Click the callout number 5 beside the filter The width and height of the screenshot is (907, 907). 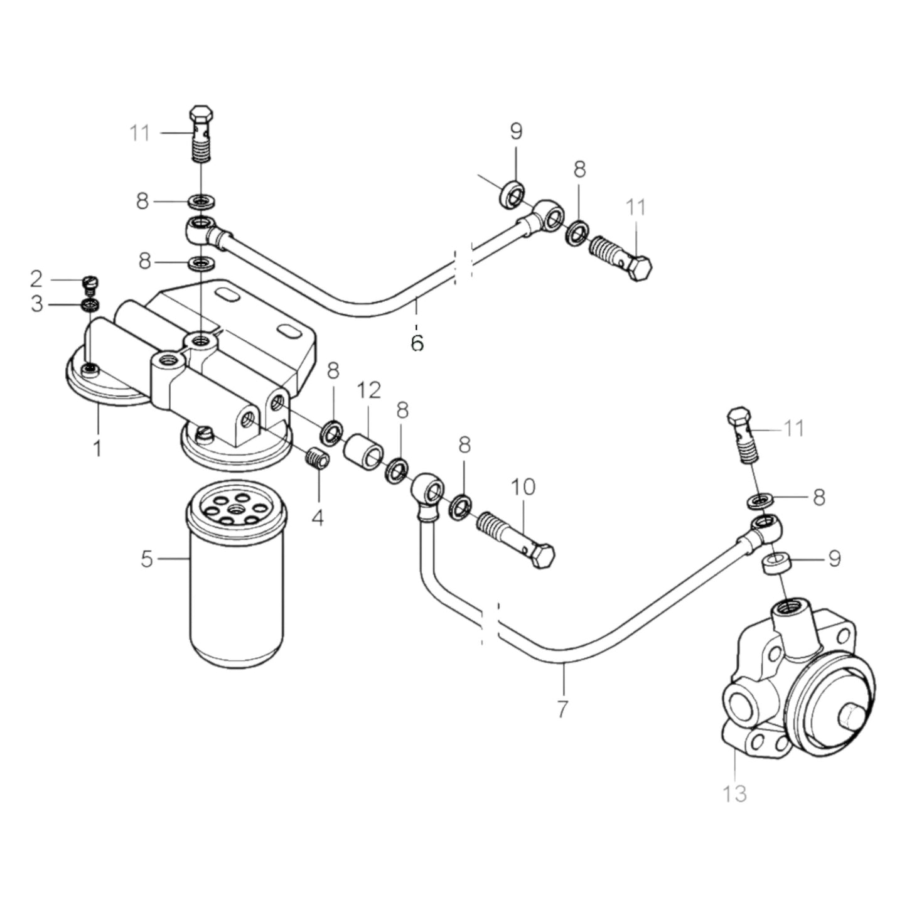(x=147, y=558)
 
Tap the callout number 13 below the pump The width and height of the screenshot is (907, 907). (x=734, y=793)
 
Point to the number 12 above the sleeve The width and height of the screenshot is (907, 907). (x=369, y=390)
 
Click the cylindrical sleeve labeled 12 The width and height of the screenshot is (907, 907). (x=363, y=451)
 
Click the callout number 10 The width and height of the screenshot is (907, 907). (x=523, y=487)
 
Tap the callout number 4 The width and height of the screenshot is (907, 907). (x=318, y=518)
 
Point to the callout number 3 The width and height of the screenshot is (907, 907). (x=37, y=304)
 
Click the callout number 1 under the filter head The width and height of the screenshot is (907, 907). (x=97, y=449)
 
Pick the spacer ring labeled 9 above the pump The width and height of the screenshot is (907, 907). (x=775, y=563)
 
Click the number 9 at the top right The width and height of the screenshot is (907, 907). (x=516, y=132)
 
